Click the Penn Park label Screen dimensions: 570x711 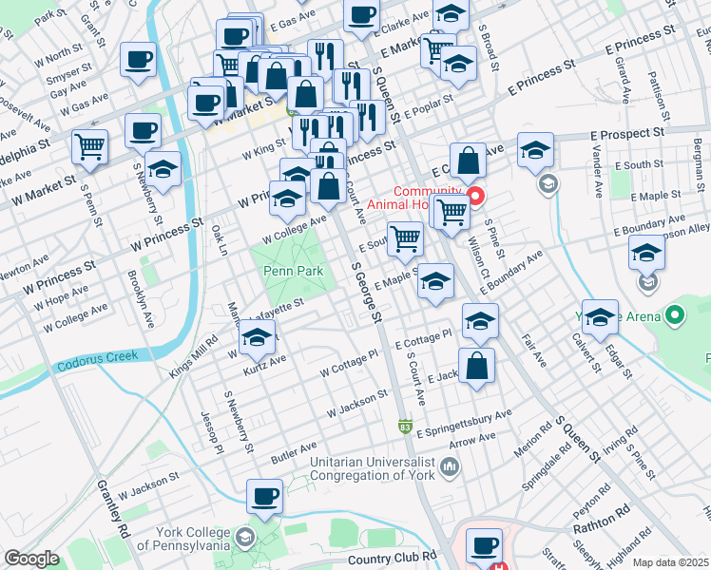point(293,272)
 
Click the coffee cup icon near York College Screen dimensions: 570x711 point(264,496)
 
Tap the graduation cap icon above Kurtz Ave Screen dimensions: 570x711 point(257,336)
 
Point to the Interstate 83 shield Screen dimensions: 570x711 point(405,427)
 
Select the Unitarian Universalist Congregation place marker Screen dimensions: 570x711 point(450,467)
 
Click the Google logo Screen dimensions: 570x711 point(31,559)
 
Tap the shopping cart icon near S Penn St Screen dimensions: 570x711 point(89,146)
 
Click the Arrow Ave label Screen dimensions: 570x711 point(471,439)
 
